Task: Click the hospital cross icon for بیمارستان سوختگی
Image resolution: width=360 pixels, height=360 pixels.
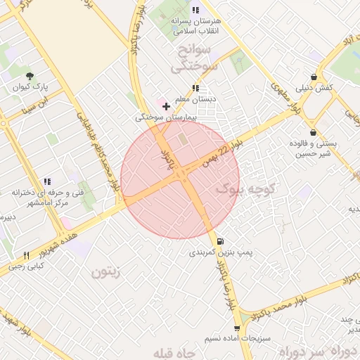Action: click(166, 106)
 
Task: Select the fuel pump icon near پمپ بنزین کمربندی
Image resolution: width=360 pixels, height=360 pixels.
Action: click(221, 240)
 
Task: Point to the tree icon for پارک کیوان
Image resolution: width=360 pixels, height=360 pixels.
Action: click(29, 77)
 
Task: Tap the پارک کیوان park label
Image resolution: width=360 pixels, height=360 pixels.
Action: click(29, 88)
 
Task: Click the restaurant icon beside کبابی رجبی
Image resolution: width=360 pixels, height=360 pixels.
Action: click(27, 256)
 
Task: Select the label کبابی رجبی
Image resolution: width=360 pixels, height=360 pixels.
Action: click(25, 266)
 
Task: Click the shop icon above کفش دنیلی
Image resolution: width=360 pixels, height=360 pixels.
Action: click(314, 77)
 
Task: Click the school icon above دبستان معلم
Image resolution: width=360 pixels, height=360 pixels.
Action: click(195, 89)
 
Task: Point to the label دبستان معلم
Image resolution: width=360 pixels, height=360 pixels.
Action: click(195, 99)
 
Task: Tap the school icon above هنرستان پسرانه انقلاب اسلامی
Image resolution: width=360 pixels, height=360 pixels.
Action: click(195, 11)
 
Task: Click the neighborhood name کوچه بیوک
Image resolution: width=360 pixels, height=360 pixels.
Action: click(248, 188)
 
